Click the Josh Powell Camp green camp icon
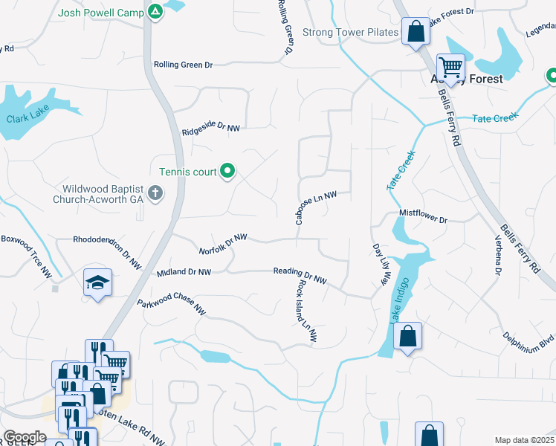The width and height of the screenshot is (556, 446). (x=155, y=11)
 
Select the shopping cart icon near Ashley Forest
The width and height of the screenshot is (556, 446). (x=450, y=67)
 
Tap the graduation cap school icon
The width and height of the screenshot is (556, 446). (x=97, y=282)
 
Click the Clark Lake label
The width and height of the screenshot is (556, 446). (x=26, y=118)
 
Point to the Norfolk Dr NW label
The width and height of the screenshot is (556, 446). (x=223, y=244)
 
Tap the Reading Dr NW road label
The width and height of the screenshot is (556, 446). (x=300, y=275)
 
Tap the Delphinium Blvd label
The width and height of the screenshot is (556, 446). (x=527, y=341)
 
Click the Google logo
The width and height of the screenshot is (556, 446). (x=24, y=437)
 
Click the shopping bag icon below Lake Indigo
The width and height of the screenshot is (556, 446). (x=407, y=336)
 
